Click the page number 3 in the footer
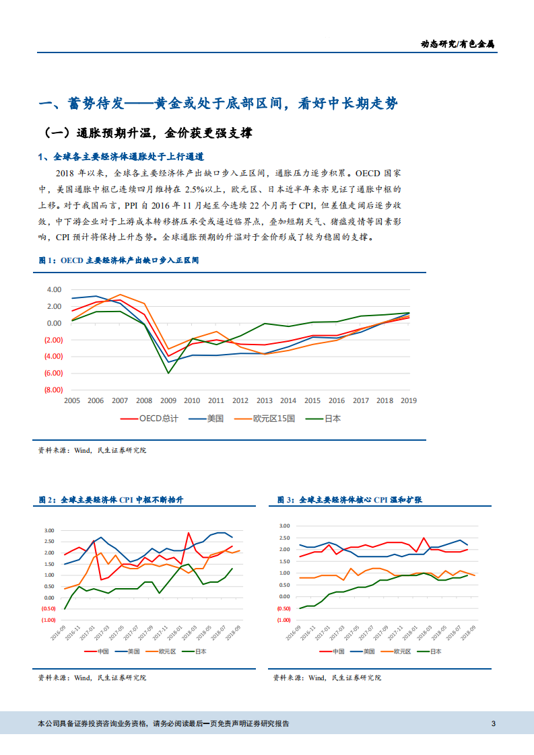point(494,724)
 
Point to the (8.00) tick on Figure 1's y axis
point(54,390)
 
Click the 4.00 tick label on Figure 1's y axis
point(54,289)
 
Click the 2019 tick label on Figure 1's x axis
point(408,400)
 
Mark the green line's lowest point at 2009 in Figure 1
point(168,372)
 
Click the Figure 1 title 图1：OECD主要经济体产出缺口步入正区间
point(119,259)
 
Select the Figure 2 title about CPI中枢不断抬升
point(111,500)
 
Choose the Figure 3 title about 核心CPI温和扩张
point(349,500)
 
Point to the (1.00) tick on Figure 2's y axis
point(48,619)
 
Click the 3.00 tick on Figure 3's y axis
point(284,526)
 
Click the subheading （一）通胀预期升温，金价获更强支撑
point(148,133)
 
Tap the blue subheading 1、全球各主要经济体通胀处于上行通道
point(121,157)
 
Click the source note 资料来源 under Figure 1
point(92,450)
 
